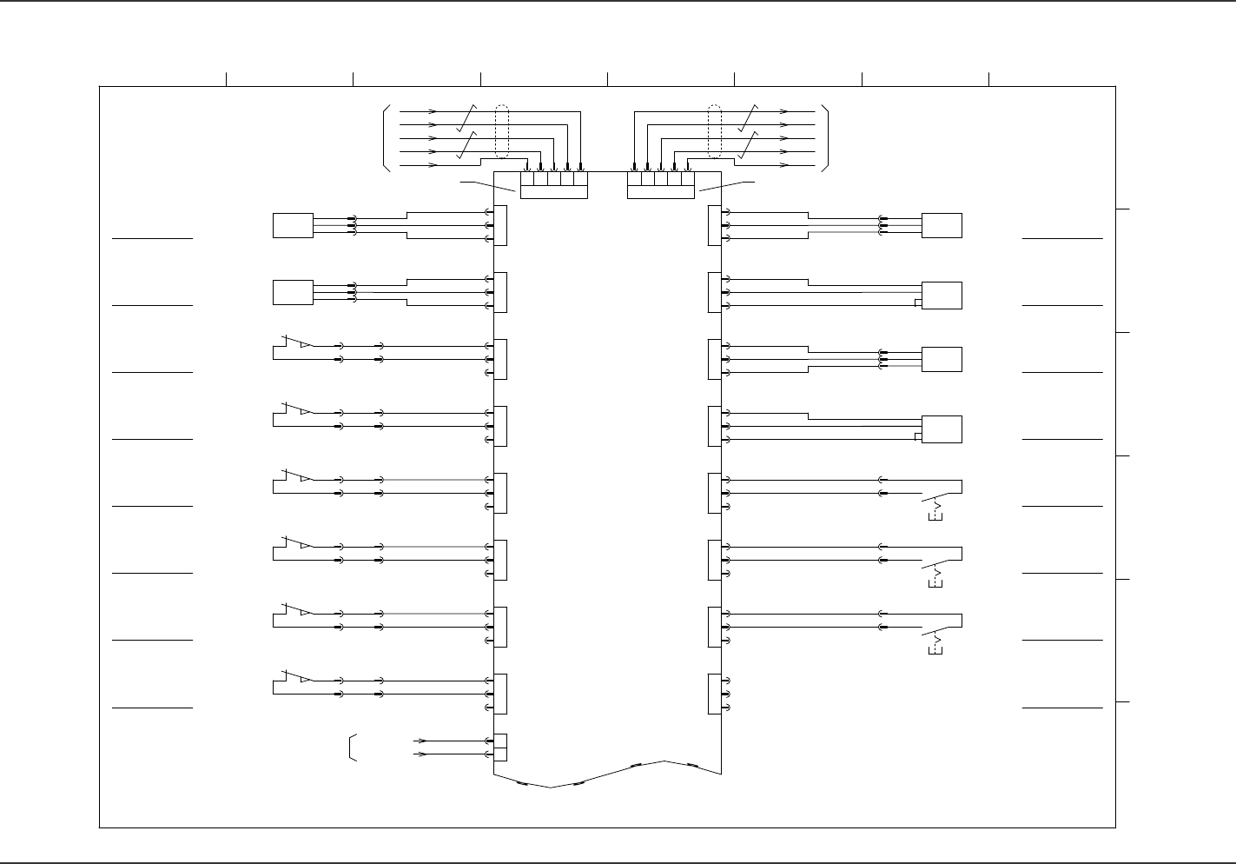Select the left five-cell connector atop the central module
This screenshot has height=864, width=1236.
tap(554, 184)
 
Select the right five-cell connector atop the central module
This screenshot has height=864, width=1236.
tap(661, 184)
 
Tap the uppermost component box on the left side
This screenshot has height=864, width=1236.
tap(293, 225)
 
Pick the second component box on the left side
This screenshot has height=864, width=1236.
tap(293, 292)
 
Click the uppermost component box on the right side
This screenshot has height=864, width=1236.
tap(942, 225)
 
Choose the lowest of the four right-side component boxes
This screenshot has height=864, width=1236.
tap(942, 429)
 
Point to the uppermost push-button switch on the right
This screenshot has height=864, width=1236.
tap(938, 500)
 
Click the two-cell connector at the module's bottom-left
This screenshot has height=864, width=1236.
tap(500, 747)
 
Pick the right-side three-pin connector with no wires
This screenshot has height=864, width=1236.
tap(715, 694)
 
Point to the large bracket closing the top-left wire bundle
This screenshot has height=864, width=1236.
tap(385, 138)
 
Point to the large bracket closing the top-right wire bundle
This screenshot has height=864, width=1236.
tap(827, 138)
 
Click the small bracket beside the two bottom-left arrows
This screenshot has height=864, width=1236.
tap(352, 748)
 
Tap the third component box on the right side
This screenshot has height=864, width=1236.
tap(942, 359)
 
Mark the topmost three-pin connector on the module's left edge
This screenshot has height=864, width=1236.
tap(500, 226)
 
